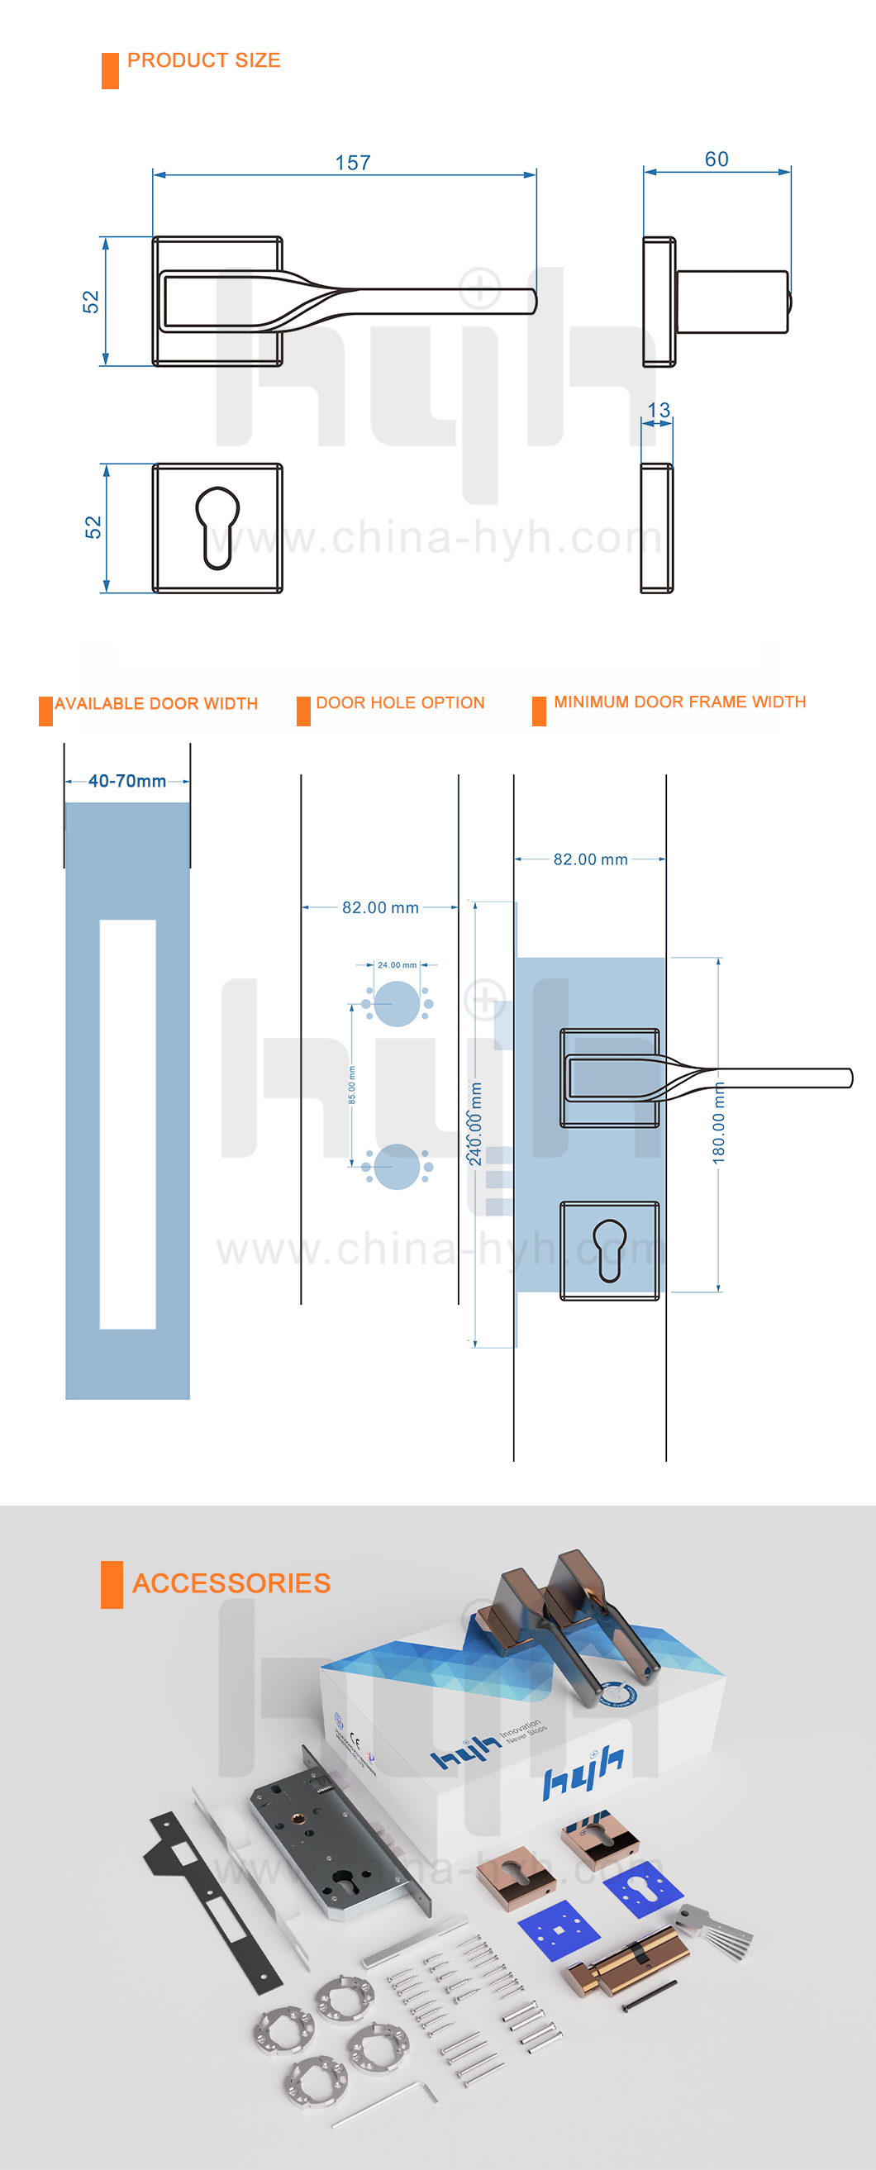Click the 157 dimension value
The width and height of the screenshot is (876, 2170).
coord(352,163)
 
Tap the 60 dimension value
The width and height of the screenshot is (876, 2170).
coord(716,159)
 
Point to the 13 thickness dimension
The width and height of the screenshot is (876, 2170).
coord(658,410)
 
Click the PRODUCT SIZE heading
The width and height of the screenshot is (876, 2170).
coord(204,60)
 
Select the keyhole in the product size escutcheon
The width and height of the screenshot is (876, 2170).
coord(217,526)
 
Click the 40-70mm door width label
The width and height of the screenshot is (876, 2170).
coord(127,781)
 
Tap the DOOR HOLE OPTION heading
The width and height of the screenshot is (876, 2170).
coord(400,702)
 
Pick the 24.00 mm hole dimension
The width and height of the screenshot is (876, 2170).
coord(397,964)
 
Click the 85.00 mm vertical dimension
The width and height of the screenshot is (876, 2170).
coord(352,1085)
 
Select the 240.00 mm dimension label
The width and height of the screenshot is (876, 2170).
coord(476,1124)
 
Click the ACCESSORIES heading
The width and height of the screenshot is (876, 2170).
coord(231,1582)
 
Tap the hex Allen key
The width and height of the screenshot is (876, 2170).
coord(388,2106)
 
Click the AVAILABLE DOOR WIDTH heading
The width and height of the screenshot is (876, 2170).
coord(156,703)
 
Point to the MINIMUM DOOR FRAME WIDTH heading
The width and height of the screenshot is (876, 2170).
coord(680,702)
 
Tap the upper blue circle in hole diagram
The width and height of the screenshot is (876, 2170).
coord(397,1003)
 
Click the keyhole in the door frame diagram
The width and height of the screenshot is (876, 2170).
coord(610,1249)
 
